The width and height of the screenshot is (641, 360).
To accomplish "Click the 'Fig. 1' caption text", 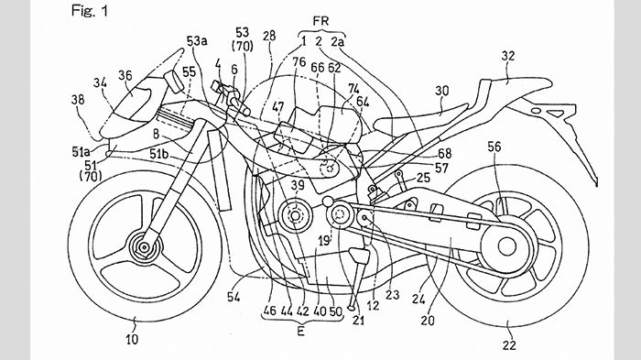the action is [x=90, y=11].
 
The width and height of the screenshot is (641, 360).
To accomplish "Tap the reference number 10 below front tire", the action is [x=132, y=339].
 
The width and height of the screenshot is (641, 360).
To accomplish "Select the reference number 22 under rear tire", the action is [x=509, y=345].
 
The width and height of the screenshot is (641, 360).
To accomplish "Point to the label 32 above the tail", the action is [x=508, y=56].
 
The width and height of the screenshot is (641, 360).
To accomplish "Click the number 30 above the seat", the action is [x=441, y=91].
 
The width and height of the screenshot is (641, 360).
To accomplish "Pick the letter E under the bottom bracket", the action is [x=301, y=331].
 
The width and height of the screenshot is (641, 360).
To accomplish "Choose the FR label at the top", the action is [x=320, y=21].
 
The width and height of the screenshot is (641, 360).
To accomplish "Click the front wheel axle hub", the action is [x=144, y=247].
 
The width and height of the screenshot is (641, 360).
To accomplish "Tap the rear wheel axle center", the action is [x=507, y=246].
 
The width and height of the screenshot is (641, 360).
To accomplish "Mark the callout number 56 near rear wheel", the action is [x=494, y=147].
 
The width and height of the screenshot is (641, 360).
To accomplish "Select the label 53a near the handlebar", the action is [x=197, y=41].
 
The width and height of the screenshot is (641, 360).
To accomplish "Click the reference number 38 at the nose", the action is [x=78, y=100].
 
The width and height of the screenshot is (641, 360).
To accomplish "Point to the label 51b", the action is [x=159, y=154].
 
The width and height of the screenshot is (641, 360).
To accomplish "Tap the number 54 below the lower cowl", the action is [x=234, y=297].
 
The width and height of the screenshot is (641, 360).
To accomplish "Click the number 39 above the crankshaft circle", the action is [x=298, y=185].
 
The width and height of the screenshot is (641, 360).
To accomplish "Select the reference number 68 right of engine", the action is [x=444, y=153].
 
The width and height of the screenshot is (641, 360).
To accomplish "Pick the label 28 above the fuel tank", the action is [x=269, y=36].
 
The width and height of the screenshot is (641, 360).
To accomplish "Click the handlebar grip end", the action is [x=246, y=111].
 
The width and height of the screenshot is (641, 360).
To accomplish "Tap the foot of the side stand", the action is [x=351, y=307].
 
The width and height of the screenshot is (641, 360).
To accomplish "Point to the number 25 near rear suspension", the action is [x=423, y=178].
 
